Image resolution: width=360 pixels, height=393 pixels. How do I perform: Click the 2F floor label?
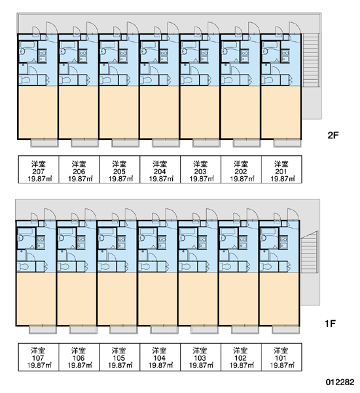[333, 136]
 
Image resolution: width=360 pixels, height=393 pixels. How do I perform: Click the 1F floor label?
[330, 324]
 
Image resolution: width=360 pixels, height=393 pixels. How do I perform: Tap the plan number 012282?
[340, 383]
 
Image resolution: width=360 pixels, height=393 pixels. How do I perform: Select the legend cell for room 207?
[39, 170]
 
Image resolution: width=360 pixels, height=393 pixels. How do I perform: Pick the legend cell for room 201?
[281, 170]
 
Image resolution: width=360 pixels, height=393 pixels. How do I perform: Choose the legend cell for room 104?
[160, 357]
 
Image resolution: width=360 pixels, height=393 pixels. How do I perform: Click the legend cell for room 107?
[39, 357]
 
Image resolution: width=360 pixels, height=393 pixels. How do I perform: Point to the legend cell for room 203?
[200, 170]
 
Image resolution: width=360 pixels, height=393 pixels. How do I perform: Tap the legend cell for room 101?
[281, 357]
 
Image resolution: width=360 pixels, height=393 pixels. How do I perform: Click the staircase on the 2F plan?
[311, 60]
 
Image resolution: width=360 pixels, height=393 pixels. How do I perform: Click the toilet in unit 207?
[25, 81]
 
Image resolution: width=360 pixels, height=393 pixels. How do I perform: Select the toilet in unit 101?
[266, 267]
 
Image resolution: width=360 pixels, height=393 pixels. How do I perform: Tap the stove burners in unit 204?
[164, 56]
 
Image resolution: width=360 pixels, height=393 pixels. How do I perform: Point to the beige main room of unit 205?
[119, 112]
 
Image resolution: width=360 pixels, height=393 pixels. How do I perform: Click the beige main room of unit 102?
[238, 299]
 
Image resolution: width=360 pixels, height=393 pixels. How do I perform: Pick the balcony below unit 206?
[84, 143]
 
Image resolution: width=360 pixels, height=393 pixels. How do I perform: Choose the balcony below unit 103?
[204, 329]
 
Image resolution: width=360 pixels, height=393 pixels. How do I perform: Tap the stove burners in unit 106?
[81, 242]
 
